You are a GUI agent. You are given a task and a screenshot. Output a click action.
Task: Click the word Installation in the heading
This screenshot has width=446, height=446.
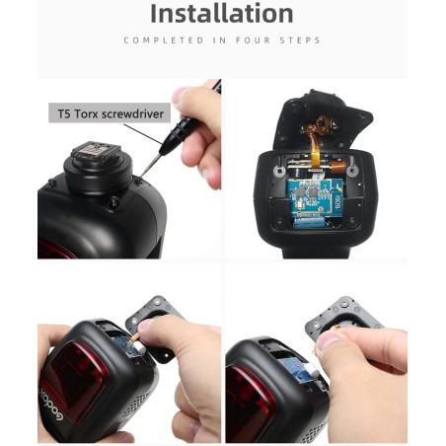pyautogui.click(x=222, y=14)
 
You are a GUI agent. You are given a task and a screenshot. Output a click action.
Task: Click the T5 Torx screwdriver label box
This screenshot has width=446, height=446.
pyautogui.click(x=108, y=113)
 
